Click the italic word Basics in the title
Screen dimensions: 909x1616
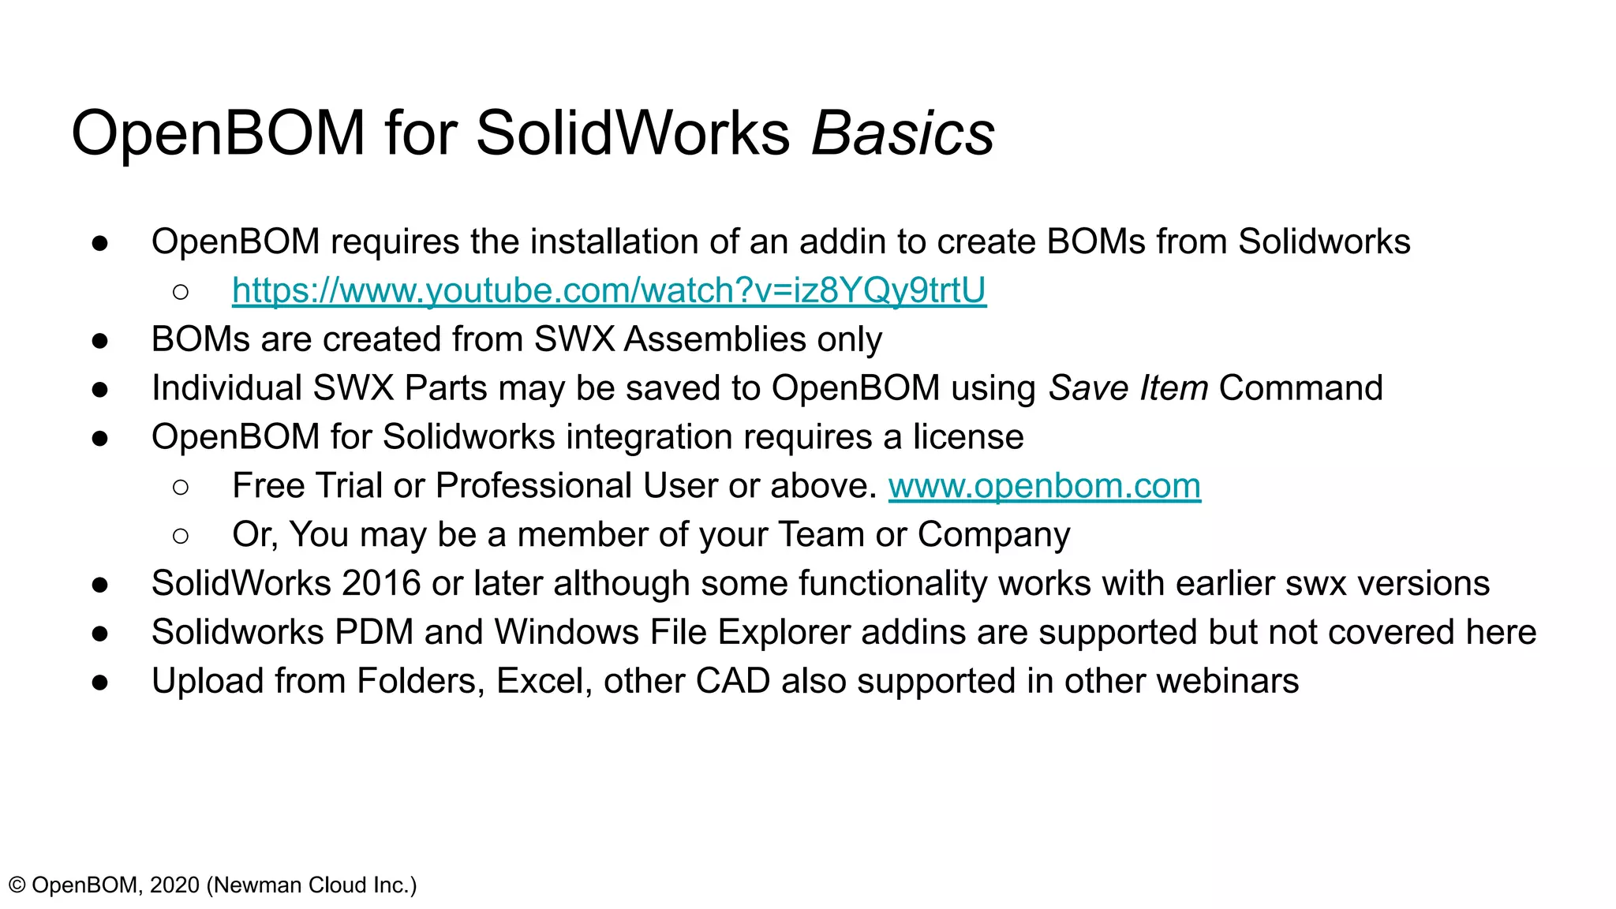point(903,133)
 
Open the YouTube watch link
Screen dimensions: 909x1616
point(608,290)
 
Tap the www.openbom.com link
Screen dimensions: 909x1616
point(1044,486)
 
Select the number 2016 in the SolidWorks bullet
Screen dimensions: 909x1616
point(382,584)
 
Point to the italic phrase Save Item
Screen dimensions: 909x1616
point(1128,388)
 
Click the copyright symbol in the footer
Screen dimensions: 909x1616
point(17,885)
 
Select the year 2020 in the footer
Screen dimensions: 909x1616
point(174,885)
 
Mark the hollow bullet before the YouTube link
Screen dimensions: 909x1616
point(181,292)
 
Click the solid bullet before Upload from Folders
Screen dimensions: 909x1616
point(99,683)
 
